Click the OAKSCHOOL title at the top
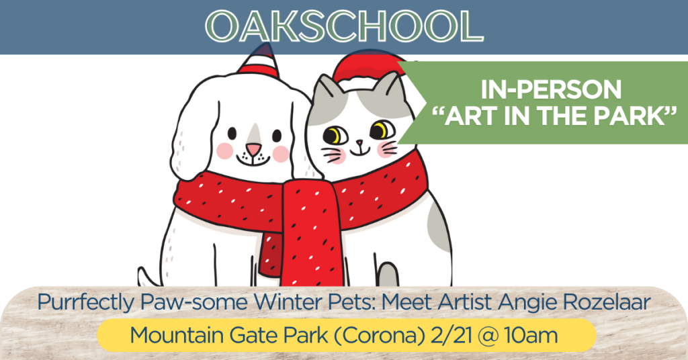(x=345, y=26)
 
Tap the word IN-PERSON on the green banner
(x=551, y=89)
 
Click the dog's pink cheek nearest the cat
(x=281, y=154)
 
